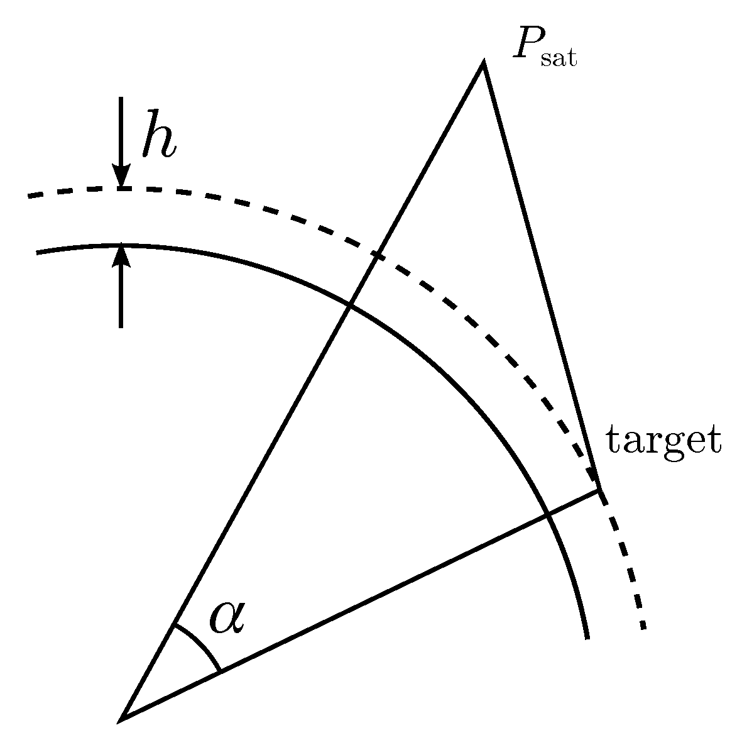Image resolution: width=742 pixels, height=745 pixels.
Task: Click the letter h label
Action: pyautogui.click(x=158, y=133)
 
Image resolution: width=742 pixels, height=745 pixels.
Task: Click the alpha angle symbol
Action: pyautogui.click(x=227, y=618)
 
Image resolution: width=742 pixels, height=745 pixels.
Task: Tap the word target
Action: pyautogui.click(x=662, y=442)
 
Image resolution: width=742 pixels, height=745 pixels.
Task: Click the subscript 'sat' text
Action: pyautogui.click(x=559, y=60)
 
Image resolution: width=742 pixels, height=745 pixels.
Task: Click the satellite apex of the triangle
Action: pyautogui.click(x=483, y=63)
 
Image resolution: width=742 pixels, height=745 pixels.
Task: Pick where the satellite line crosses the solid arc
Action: pyautogui.click(x=349, y=306)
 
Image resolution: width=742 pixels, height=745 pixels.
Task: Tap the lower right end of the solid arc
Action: pyautogui.click(x=587, y=638)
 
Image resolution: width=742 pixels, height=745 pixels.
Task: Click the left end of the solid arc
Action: pyautogui.click(x=38, y=253)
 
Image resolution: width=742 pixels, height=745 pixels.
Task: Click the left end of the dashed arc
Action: pyautogui.click(x=28, y=196)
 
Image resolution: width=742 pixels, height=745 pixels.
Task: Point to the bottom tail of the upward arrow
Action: pyautogui.click(x=121, y=327)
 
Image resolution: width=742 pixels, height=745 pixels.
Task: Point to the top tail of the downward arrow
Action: pyautogui.click(x=121, y=97)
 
